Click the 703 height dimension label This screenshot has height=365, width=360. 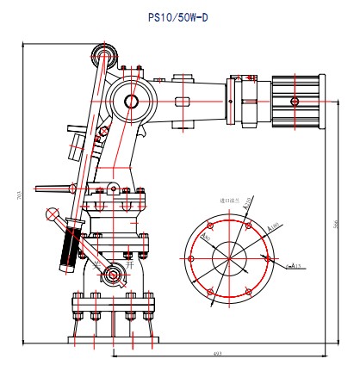19,196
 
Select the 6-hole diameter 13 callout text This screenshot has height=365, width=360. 293,266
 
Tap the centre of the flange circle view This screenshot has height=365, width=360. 229,256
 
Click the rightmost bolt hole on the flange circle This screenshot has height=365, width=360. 269,257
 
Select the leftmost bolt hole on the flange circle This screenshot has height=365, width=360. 190,256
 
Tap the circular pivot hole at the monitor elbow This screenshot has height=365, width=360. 132,102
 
